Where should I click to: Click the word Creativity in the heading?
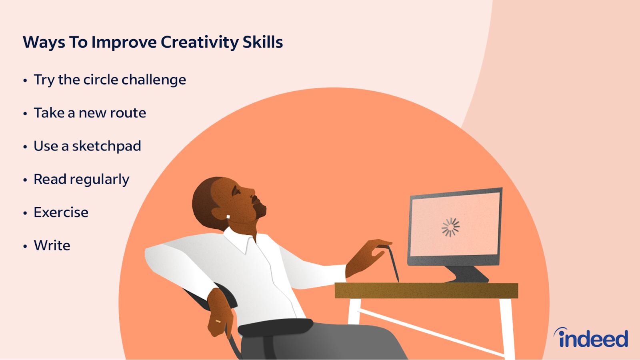(x=199, y=42)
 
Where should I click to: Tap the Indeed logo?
(x=591, y=338)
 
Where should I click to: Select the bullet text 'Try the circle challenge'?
(x=110, y=80)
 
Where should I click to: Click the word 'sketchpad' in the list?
(x=106, y=146)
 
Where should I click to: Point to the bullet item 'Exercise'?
(x=61, y=212)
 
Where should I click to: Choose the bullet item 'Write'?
(x=52, y=246)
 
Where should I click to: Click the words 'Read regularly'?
(x=82, y=180)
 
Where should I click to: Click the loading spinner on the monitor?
(x=450, y=228)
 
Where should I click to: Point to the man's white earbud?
(x=228, y=217)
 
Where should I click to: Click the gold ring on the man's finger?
(x=218, y=322)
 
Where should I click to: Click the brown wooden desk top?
(x=426, y=290)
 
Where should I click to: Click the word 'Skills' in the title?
(x=262, y=42)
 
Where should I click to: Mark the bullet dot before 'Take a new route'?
(x=25, y=114)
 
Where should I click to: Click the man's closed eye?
(x=236, y=191)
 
